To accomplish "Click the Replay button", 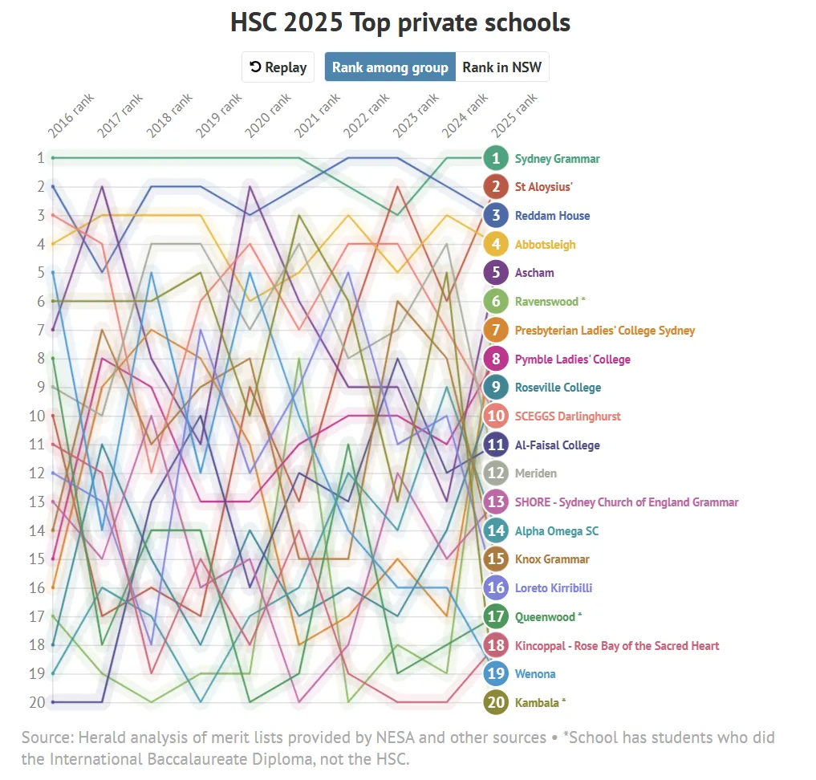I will click(278, 67).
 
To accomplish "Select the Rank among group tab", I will click(390, 67).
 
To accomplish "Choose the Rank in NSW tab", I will click(501, 67).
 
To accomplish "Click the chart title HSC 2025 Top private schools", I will click(400, 22).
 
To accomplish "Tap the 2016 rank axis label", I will click(71, 116).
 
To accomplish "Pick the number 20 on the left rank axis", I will click(35, 703).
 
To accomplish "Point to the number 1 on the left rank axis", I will click(39, 158).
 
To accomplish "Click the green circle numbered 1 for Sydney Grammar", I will click(497, 158).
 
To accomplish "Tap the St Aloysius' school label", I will click(543, 187).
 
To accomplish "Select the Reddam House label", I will click(552, 216).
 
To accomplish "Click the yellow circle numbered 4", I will click(497, 244).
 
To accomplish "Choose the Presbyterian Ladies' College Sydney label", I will click(604, 331).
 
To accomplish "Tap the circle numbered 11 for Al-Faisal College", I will click(497, 445).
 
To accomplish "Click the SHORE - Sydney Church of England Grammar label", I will click(626, 502).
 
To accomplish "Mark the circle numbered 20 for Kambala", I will click(497, 703).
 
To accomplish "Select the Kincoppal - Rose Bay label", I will click(616, 646).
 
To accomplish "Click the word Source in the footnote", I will click(47, 737).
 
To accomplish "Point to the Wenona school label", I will click(534, 674).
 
